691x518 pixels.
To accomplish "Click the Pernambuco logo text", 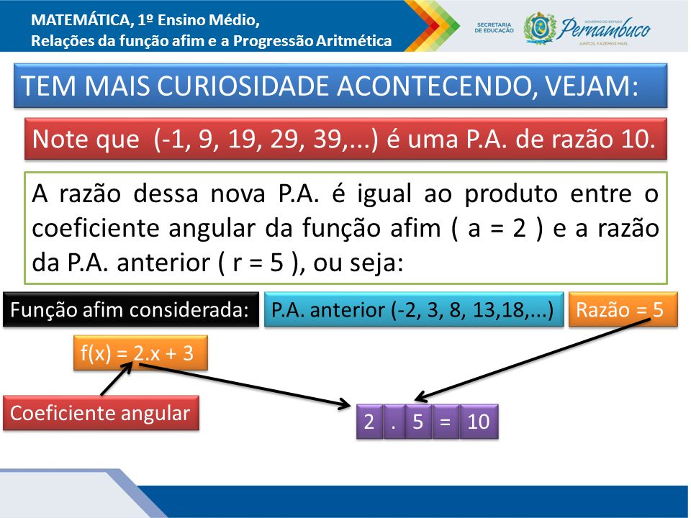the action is point(603,29).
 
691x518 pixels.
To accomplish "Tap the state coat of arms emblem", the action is point(538,28).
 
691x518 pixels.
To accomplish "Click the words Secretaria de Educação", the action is point(494,28).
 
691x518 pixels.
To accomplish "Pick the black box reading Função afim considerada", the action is point(131,309).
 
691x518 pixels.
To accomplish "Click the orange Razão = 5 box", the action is point(623,309).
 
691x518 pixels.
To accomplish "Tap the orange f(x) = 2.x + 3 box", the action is point(140,353).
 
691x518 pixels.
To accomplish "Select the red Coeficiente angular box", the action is point(101,413).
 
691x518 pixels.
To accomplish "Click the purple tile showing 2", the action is point(369,422).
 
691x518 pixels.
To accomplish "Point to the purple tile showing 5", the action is point(418,422).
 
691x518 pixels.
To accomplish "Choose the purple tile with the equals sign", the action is point(445,422).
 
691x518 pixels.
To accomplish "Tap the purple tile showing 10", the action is point(479,422).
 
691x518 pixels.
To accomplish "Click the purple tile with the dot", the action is point(394,422).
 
